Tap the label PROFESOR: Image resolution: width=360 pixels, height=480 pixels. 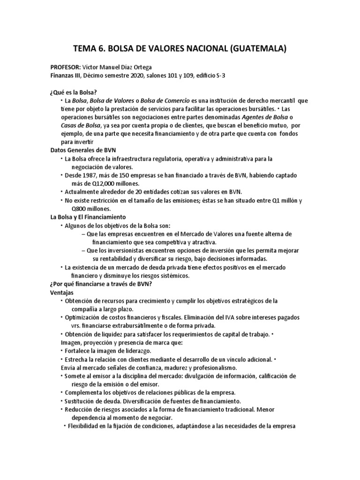click(66, 67)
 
